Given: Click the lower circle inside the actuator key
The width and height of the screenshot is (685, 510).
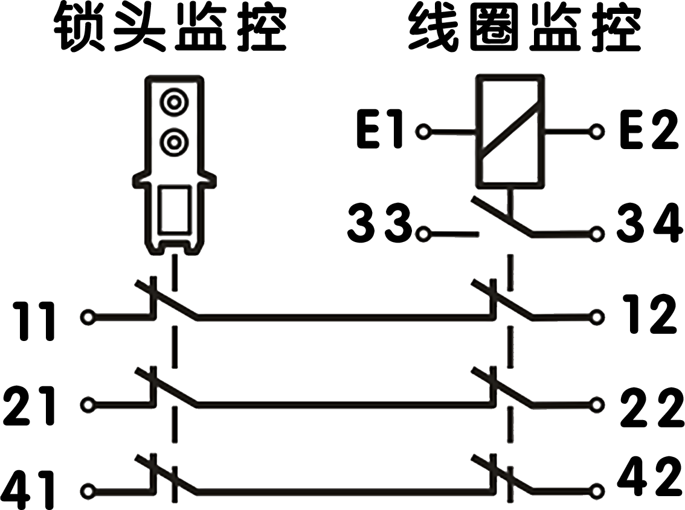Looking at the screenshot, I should click(x=174, y=142).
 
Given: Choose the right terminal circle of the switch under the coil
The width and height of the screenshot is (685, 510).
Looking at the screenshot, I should click(x=598, y=233).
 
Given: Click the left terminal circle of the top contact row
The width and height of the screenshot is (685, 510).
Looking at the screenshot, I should click(x=88, y=316).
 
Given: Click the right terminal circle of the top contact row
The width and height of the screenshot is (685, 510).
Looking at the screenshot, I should click(x=598, y=316).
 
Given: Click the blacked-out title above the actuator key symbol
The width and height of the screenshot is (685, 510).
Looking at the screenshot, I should click(x=172, y=27).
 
